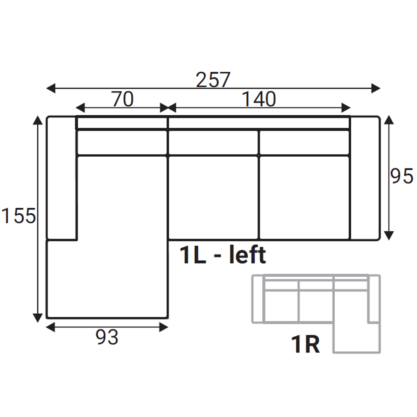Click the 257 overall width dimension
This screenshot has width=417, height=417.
tap(213, 80)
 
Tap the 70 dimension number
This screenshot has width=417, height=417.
tap(123, 99)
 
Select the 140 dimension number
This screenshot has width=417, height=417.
tap(259, 99)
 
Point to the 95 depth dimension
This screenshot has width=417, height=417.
tap(401, 177)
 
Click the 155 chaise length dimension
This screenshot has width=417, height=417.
tap(19, 215)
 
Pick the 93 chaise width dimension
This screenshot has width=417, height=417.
tap(107, 337)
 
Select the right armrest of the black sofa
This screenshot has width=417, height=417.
tap(365, 178)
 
